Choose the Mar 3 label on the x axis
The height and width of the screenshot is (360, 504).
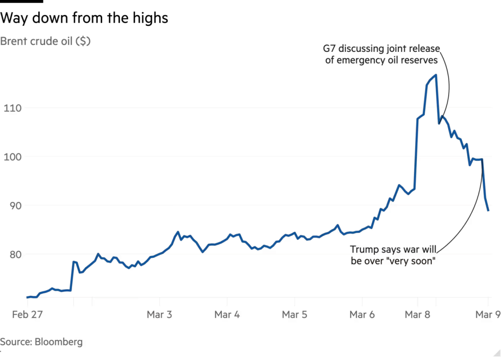click(x=160, y=315)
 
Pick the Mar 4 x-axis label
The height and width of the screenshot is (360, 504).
click(x=228, y=315)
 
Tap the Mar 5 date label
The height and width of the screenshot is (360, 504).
click(x=295, y=315)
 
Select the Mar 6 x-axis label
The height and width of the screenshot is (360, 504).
click(x=362, y=315)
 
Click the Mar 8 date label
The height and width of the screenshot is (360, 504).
click(x=418, y=315)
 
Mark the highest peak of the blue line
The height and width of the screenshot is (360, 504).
click(x=435, y=75)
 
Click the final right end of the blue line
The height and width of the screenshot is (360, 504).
click(x=488, y=211)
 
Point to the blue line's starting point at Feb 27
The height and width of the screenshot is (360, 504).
click(x=26, y=297)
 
